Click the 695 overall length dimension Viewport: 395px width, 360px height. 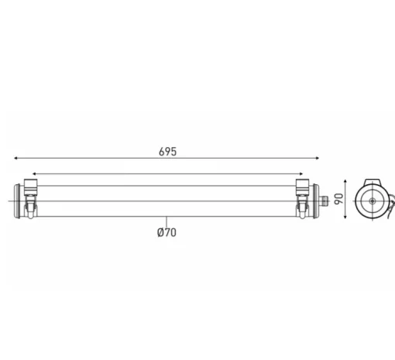click(x=167, y=152)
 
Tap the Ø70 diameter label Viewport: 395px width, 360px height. click(x=167, y=232)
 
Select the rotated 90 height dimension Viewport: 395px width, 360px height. click(x=339, y=199)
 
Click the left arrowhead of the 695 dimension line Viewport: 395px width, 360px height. click(x=15, y=158)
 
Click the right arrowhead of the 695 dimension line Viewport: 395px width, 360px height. click(x=318, y=158)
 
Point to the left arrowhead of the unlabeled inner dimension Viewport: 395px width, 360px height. click(x=34, y=174)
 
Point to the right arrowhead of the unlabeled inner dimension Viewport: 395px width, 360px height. click(x=301, y=174)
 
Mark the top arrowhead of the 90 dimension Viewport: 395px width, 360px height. click(x=345, y=182)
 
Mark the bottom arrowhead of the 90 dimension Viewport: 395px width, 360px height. click(x=345, y=218)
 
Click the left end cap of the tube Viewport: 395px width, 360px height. click(x=17, y=201)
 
